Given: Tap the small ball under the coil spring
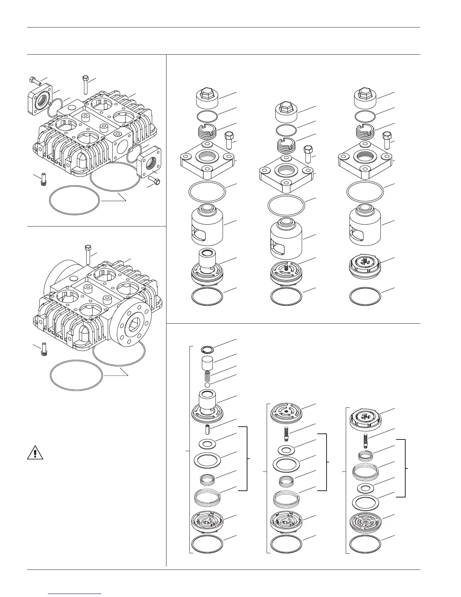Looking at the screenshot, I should (x=206, y=386).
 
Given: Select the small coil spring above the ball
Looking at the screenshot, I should (x=206, y=376).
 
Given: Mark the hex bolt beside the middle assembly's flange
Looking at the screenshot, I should (x=308, y=153).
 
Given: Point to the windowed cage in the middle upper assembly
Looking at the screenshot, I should (x=287, y=237).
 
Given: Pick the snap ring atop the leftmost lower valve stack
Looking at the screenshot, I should (x=206, y=349).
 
